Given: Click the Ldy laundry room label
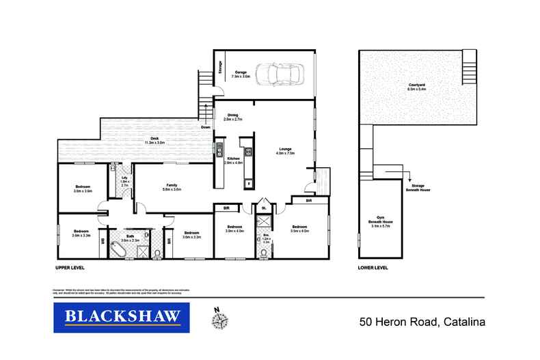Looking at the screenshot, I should [x=125, y=180].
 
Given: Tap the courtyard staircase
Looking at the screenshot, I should [x=469, y=70].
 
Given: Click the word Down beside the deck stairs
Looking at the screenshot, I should [x=206, y=127].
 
